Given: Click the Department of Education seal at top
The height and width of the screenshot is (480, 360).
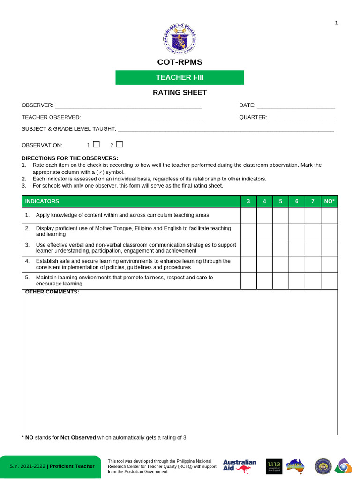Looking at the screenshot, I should click(180, 39).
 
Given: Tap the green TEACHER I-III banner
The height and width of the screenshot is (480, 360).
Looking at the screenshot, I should click(180, 77).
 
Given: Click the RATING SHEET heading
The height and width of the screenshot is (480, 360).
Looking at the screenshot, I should click(180, 93).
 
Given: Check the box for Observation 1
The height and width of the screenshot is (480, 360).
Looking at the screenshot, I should click(96, 144).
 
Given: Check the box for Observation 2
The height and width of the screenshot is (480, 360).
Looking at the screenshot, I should click(119, 144).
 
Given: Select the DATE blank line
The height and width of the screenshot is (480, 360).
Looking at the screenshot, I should click(296, 106).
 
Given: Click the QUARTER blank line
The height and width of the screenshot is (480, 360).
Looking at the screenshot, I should click(302, 118).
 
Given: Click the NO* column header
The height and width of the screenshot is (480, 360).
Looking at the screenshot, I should click(329, 201).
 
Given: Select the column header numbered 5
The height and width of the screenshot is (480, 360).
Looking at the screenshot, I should click(280, 201).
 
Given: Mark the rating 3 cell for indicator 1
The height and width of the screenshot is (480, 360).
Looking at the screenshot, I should click(248, 215).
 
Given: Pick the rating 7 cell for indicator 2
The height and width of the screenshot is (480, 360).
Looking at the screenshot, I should click(313, 232).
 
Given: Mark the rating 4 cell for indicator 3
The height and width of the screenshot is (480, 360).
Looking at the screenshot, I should click(264, 248).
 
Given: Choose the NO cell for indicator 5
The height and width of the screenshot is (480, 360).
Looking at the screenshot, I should click(329, 281).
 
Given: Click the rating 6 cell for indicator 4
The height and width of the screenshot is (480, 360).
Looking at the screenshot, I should click(297, 264).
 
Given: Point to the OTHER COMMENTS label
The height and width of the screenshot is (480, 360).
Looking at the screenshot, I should click(52, 292).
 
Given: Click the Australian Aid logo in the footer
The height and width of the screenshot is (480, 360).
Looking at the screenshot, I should click(240, 465).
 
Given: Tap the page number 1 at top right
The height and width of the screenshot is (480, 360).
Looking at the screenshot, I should click(336, 23).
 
